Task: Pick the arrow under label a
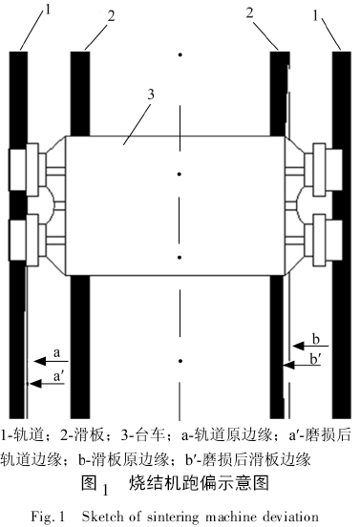[x=48, y=362]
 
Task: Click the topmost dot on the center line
[x=180, y=56]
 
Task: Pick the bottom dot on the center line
[x=180, y=361]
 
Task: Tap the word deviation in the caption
[x=286, y=516]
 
